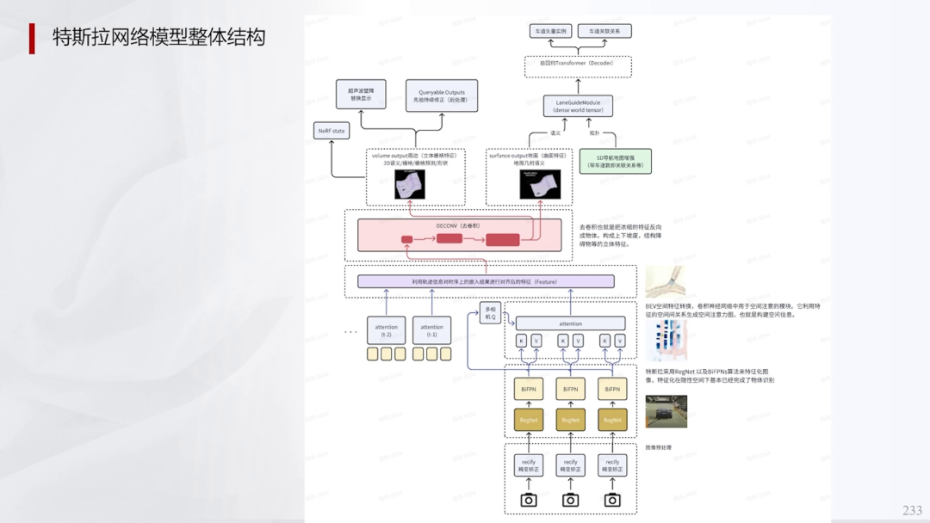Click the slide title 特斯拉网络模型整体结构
pos(158,38)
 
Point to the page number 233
pos(912,510)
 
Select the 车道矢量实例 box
pos(552,31)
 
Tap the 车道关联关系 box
pos(605,31)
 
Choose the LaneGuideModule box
pos(578,107)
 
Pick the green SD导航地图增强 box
pos(615,161)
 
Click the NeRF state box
pos(332,131)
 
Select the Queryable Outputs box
pos(441,95)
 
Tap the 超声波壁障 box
pos(361,94)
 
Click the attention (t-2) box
pos(387,329)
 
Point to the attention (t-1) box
pos(432,329)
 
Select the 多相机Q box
pos(491,311)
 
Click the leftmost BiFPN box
pos(529,390)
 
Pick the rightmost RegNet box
pos(612,420)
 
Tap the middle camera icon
pos(570,500)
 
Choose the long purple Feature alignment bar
pos(486,281)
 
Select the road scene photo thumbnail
pos(666,411)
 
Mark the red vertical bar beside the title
pos(32,38)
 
